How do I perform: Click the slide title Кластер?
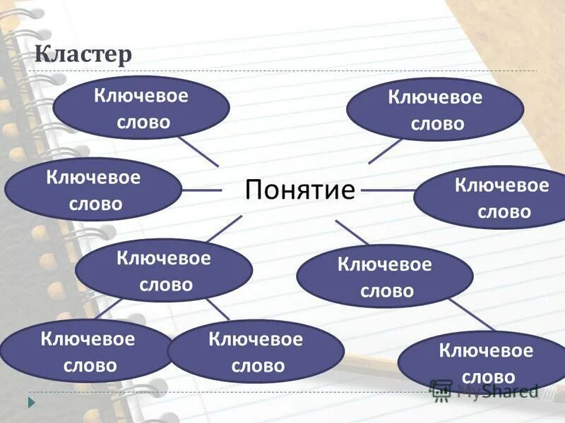coord(83,55)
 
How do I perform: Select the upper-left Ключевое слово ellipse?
coord(141,108)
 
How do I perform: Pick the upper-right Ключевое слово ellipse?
coord(436,110)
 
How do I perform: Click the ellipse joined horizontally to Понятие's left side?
coord(93,190)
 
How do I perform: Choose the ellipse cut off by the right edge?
coord(494,197)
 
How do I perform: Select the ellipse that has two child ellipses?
coord(164,271)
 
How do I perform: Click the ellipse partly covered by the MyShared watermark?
coord(480,361)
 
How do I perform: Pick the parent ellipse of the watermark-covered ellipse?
coord(384,276)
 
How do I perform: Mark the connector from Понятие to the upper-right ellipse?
coord(386,151)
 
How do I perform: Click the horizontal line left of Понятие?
coord(202,190)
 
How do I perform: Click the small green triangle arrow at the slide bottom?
coord(31,402)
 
